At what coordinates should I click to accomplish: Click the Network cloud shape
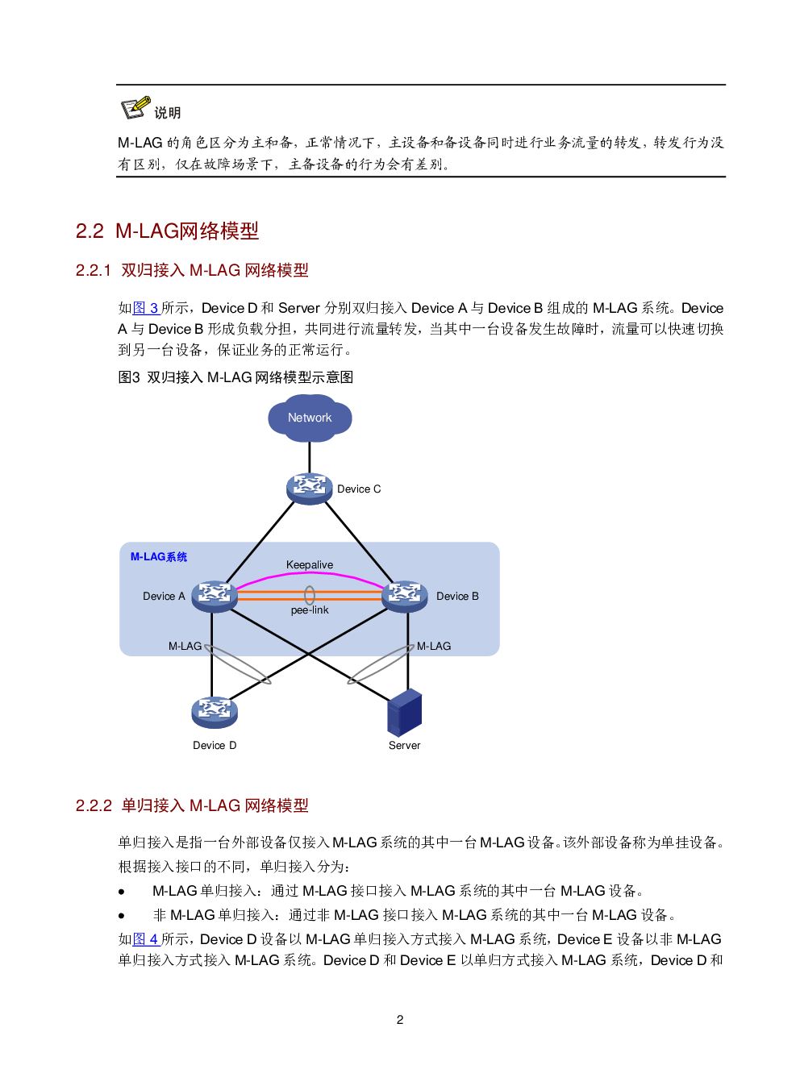(x=310, y=418)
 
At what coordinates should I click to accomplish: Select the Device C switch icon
(x=309, y=488)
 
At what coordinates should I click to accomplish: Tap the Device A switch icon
(x=214, y=596)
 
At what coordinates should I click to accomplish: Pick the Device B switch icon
(x=404, y=596)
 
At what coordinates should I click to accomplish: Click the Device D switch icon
(x=214, y=712)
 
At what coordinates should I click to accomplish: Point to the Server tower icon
(x=404, y=713)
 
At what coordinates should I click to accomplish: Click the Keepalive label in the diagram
(x=310, y=565)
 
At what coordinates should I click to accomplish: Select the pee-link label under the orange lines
(x=310, y=610)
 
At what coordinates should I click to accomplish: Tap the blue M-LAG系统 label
(x=159, y=557)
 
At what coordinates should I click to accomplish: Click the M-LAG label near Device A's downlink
(x=185, y=647)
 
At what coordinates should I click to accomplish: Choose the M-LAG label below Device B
(x=434, y=647)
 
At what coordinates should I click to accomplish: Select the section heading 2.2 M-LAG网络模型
(x=167, y=231)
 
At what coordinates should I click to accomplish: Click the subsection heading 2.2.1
(x=192, y=270)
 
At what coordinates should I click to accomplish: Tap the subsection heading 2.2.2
(x=192, y=805)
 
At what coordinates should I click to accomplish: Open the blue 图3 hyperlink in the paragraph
(x=145, y=308)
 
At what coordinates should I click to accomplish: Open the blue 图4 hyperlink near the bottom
(x=145, y=939)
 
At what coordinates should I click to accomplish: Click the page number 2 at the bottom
(x=400, y=1020)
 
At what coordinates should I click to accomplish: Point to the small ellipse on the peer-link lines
(x=309, y=596)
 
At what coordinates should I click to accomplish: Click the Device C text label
(x=359, y=489)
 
